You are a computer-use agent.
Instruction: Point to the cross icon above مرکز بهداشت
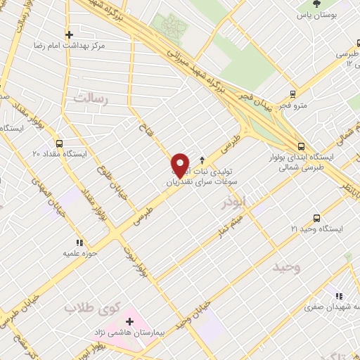[68, 34]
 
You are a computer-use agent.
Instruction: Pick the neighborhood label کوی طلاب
[94, 307]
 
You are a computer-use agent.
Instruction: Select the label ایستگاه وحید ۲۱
[316, 229]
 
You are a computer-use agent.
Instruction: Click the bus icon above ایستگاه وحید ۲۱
[316, 217]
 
